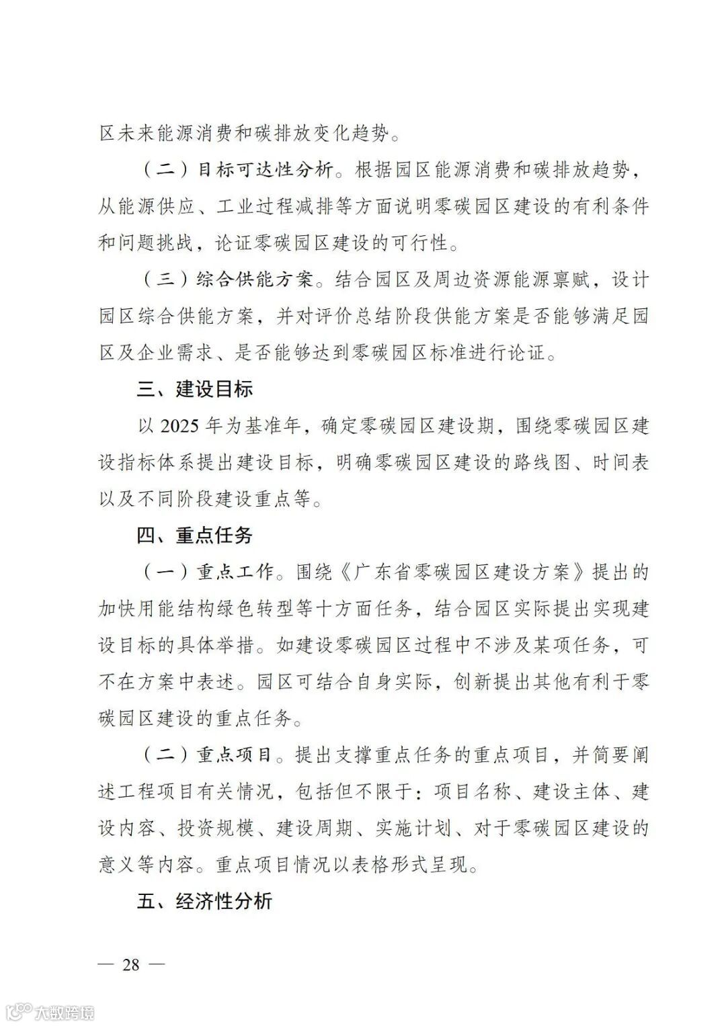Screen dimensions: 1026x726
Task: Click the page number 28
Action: pos(130,965)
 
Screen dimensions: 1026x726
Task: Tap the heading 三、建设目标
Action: pos(195,389)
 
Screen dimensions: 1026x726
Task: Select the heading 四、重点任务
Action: pos(195,536)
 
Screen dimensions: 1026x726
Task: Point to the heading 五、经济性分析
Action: pos(204,902)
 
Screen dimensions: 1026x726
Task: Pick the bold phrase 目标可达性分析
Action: pos(264,170)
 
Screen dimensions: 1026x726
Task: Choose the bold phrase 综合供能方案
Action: pos(255,280)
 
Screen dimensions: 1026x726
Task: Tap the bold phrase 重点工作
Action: pos(235,572)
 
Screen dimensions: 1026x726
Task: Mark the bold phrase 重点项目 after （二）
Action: pos(235,755)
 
